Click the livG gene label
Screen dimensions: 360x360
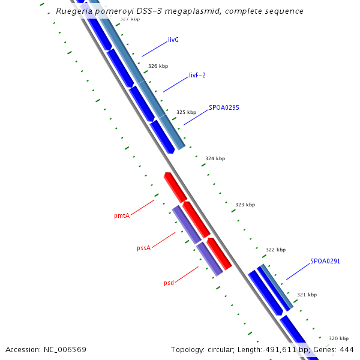tap(173, 40)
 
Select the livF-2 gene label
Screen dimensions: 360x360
tap(197, 76)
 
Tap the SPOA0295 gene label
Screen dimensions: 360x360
tap(224, 108)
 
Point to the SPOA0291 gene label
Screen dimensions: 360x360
tap(325, 262)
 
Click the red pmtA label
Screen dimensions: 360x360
tap(122, 215)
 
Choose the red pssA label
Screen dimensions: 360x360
tap(143, 248)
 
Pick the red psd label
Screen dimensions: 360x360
tap(169, 283)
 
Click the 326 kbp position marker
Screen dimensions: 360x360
tap(158, 66)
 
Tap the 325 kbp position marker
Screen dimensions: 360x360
tap(186, 112)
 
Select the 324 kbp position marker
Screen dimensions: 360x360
tap(215, 159)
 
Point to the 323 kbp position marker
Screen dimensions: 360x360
tap(245, 205)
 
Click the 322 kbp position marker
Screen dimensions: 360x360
tap(275, 250)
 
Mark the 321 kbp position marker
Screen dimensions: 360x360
tap(307, 295)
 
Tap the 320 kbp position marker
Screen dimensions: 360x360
tap(338, 339)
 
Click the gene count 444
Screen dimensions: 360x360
tap(347, 349)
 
